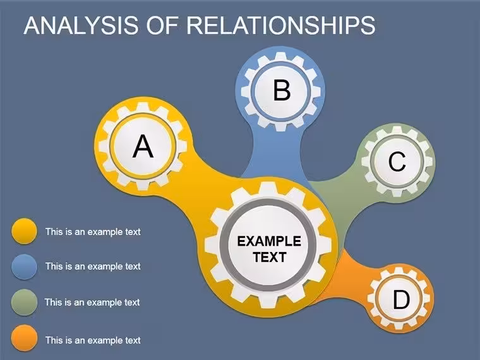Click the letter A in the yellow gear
(x=143, y=147)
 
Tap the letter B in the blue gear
(x=282, y=90)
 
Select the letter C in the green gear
(x=397, y=161)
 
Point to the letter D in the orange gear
(x=401, y=299)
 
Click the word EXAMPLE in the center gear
(x=269, y=241)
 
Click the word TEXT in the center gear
(x=270, y=257)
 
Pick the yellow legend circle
(x=24, y=231)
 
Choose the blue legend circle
(x=24, y=267)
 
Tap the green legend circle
(x=24, y=302)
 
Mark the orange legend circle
(x=24, y=338)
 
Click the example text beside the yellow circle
(x=93, y=232)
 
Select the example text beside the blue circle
(x=93, y=267)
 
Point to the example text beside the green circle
(x=92, y=303)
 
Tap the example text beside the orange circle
(x=93, y=340)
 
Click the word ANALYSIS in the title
(x=81, y=25)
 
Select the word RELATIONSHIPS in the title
(x=280, y=25)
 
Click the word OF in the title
(x=162, y=25)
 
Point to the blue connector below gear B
(x=277, y=153)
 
